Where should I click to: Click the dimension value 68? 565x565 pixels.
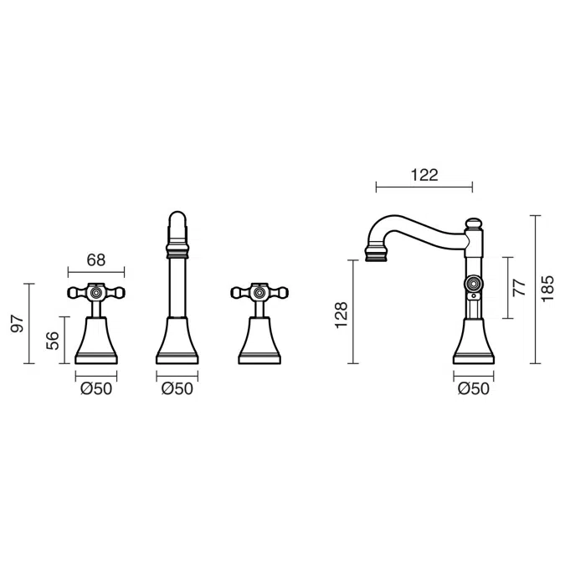96,259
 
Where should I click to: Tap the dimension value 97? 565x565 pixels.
18,323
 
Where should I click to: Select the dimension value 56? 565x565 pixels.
53,341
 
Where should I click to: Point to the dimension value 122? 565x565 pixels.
424,175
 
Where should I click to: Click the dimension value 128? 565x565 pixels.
342,315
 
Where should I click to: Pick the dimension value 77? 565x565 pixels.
520,287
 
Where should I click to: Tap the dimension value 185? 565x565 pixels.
547,289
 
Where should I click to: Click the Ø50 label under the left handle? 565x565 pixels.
96,388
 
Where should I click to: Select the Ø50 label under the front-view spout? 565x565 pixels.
177,388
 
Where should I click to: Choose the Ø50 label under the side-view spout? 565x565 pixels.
474,388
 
